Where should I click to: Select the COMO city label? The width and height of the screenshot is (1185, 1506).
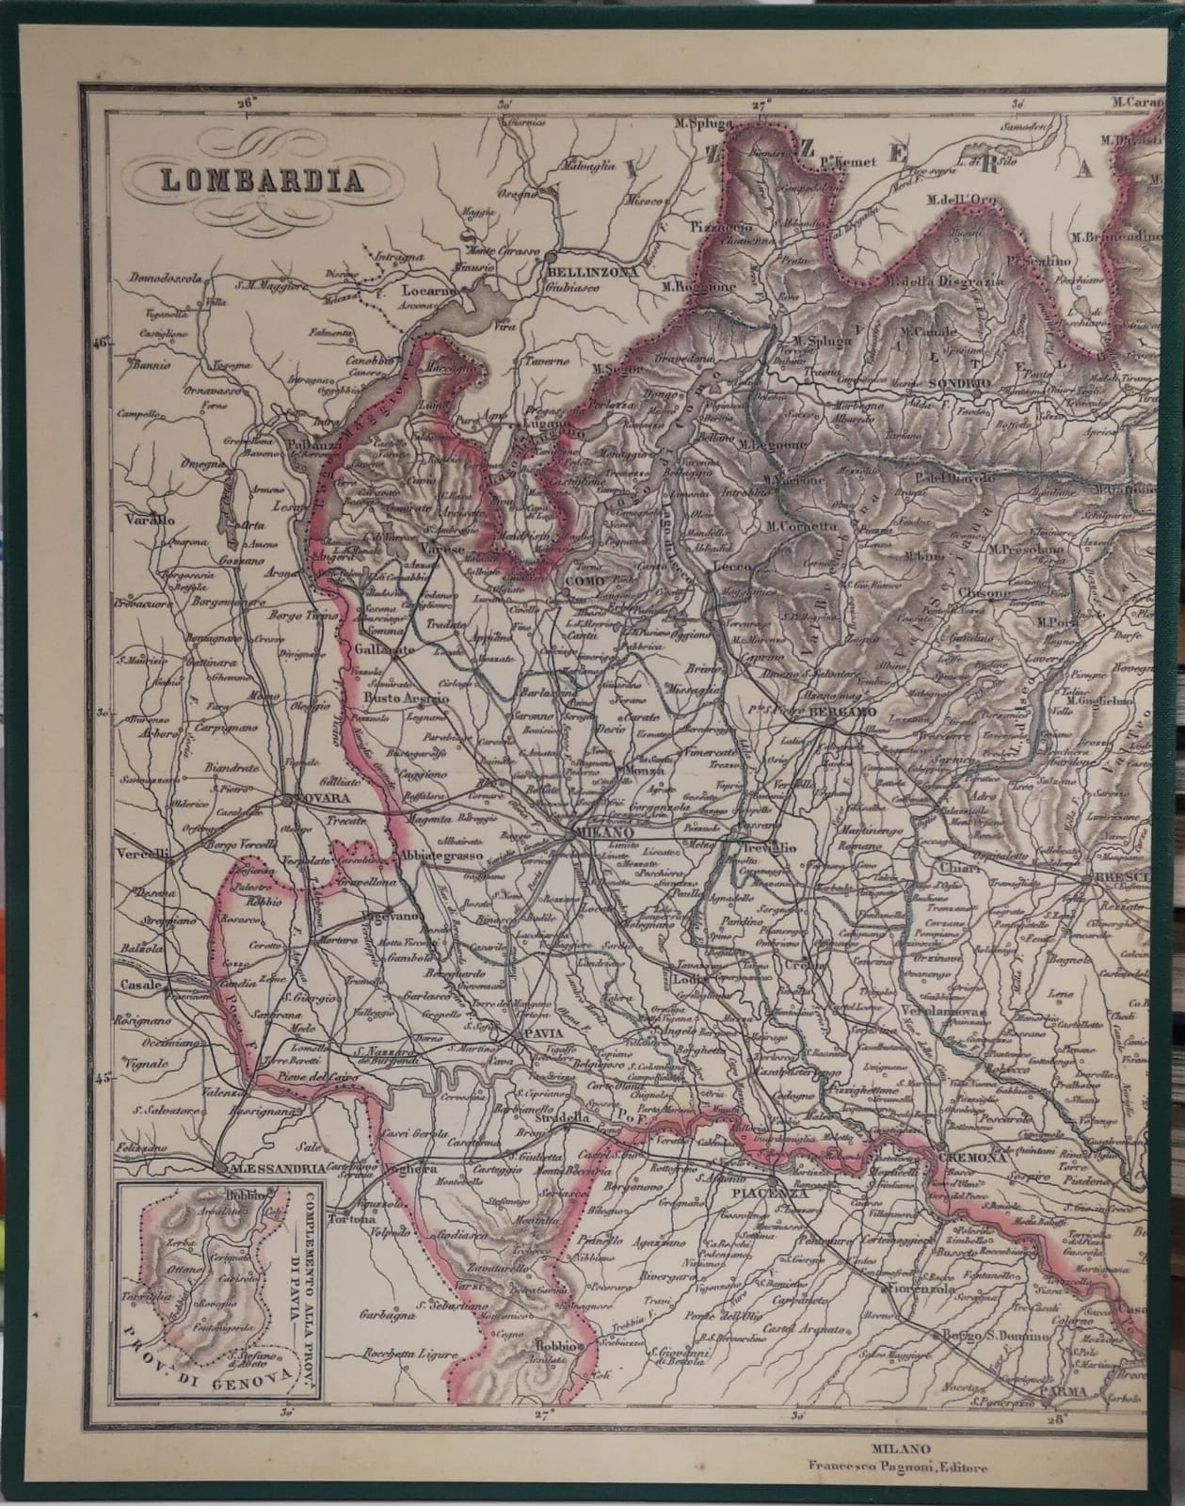(x=585, y=583)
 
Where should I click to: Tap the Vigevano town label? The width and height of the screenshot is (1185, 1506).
(x=390, y=914)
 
